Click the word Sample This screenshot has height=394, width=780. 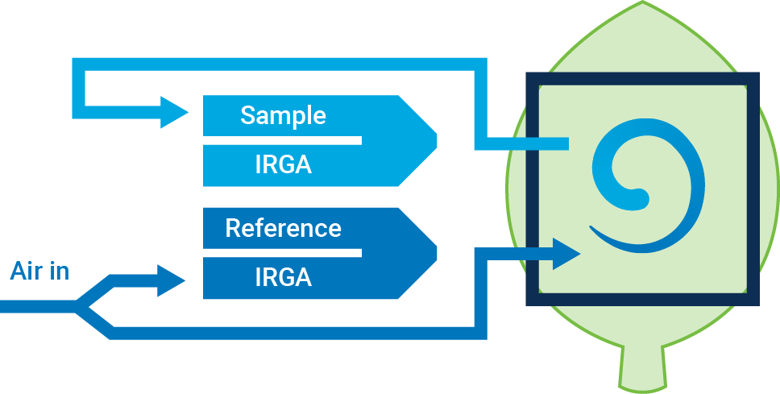point(283,115)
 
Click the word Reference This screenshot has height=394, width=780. point(283,228)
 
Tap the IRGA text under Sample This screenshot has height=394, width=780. point(283,165)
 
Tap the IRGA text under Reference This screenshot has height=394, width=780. point(283,277)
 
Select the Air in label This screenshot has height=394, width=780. point(39,271)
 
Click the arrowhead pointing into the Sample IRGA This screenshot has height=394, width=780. point(174,111)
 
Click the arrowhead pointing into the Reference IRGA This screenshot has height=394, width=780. point(173,280)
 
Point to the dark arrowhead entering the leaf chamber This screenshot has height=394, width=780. point(566,254)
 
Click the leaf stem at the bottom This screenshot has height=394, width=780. point(642,371)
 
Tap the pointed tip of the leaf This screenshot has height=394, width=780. point(642,4)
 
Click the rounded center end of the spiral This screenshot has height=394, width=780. point(638,196)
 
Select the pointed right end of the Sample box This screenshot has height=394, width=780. point(435,141)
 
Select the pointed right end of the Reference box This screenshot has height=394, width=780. point(435,253)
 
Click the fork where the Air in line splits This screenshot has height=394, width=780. point(79,306)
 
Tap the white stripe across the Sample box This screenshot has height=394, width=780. point(282,140)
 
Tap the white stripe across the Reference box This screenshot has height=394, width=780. point(282,253)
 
